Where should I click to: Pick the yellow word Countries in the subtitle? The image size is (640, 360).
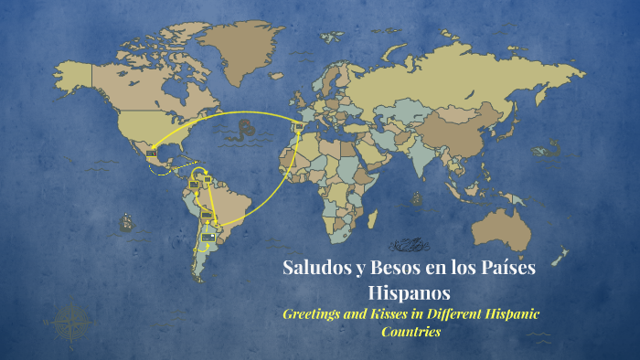coord(411,332)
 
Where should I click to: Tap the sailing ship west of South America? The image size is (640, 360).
coord(125,221)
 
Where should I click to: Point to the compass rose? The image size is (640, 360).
coord(69,320)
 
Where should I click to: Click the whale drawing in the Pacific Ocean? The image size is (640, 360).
coord(549,146)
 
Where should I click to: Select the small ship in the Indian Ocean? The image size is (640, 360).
coord(417,196)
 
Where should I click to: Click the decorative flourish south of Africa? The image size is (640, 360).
coord(410,245)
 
